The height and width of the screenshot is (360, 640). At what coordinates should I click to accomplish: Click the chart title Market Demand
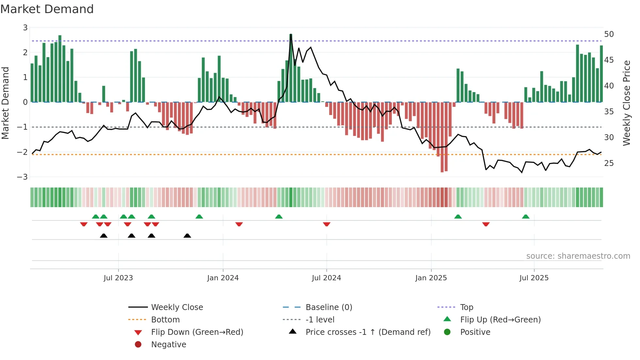(x=47, y=9)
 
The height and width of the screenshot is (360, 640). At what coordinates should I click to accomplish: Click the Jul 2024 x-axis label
(x=326, y=278)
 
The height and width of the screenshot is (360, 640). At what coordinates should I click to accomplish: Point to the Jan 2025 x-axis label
(x=431, y=278)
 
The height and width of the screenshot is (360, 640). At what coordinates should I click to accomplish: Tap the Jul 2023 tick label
(x=118, y=278)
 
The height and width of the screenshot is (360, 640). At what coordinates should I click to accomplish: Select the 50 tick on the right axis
(x=609, y=34)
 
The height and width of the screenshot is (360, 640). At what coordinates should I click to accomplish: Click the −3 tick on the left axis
(x=23, y=177)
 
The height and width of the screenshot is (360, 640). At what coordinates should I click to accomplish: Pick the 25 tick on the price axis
(x=609, y=163)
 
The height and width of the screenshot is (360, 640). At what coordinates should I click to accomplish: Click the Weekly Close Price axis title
(x=626, y=103)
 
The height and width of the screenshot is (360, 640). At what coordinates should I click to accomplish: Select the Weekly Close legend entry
(x=177, y=307)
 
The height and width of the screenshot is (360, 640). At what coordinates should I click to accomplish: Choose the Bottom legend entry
(x=165, y=320)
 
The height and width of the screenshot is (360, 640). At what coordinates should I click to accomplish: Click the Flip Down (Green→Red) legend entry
(x=197, y=332)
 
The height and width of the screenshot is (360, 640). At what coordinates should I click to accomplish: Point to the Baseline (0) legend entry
(x=328, y=307)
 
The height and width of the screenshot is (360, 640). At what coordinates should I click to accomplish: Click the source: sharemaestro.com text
(x=578, y=256)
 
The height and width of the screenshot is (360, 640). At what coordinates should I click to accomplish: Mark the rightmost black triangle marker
(x=187, y=236)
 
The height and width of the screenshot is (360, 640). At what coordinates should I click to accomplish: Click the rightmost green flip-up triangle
(x=525, y=217)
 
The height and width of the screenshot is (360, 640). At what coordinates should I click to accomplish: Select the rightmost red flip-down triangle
(x=486, y=224)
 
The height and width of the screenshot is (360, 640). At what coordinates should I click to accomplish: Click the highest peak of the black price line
(x=291, y=35)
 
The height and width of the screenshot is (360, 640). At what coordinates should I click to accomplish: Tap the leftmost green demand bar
(x=32, y=83)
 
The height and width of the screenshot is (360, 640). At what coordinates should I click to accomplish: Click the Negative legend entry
(x=168, y=345)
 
